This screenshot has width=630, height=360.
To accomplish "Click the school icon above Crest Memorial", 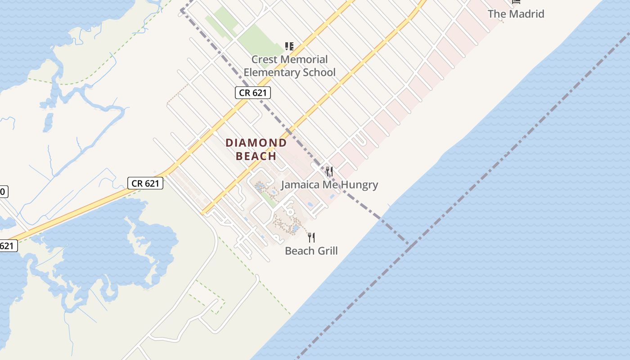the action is pyautogui.click(x=289, y=46).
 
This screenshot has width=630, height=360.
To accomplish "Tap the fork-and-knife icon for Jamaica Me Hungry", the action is pyautogui.click(x=329, y=171).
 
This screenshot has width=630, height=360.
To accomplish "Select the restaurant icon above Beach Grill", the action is pyautogui.click(x=311, y=237).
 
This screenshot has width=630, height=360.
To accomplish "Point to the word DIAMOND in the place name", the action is pyautogui.click(x=256, y=143).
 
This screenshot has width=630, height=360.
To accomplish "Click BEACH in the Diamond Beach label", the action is pyautogui.click(x=256, y=157).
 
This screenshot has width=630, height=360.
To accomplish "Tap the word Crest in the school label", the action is pyautogui.click(x=264, y=59).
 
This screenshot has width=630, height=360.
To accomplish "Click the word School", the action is pyautogui.click(x=320, y=72).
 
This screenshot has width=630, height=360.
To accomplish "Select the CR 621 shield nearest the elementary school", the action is pyautogui.click(x=252, y=93).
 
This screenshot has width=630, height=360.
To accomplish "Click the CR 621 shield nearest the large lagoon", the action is pyautogui.click(x=145, y=183).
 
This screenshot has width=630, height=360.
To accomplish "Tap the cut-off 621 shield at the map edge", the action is pyautogui.click(x=8, y=246).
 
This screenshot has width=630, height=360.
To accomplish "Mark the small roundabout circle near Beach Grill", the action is pyautogui.click(x=290, y=211).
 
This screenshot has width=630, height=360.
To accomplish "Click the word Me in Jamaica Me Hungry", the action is pyautogui.click(x=330, y=185).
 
